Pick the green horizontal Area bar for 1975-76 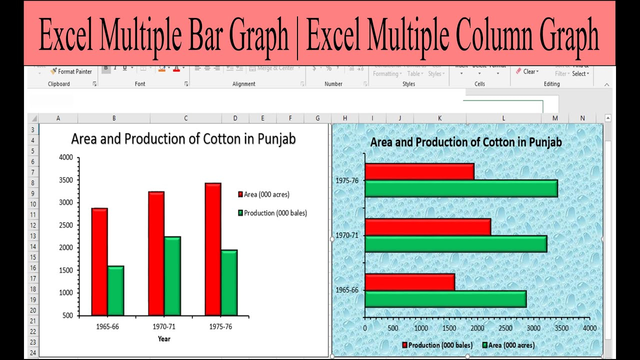coord(460,188)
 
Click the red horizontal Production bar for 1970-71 coord(427,227)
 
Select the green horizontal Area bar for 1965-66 coord(445,299)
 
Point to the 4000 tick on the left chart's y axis coord(66,157)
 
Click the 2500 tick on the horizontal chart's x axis coord(505,328)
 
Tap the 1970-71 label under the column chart coord(164,327)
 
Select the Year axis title coord(164,339)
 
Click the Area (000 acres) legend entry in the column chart coord(266,194)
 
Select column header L coord(503,118)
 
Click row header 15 coord(32,257)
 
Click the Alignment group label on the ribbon coord(244,84)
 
